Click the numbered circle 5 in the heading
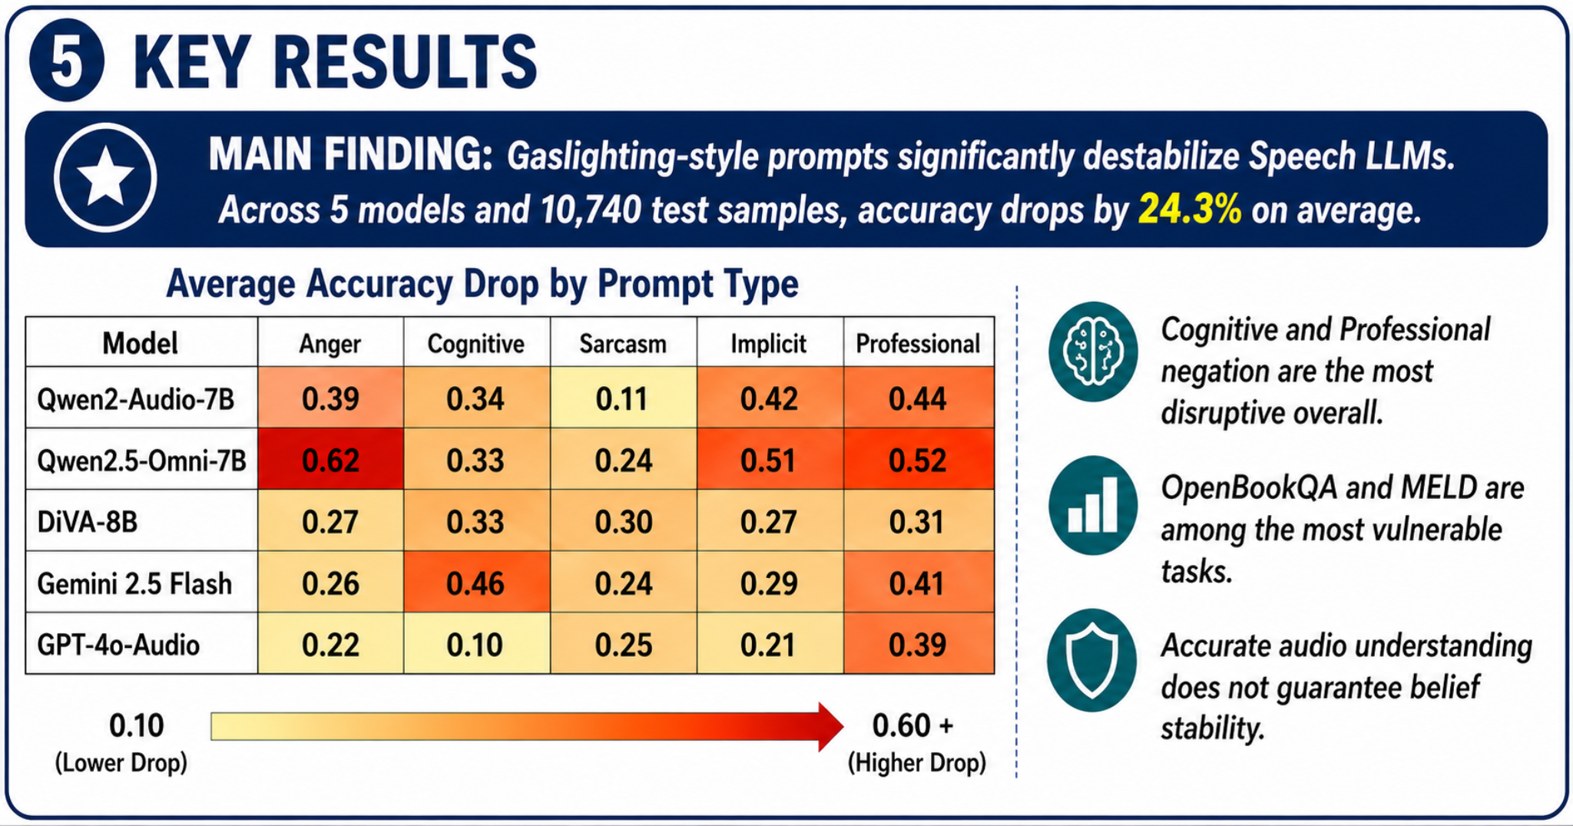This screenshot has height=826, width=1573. [67, 61]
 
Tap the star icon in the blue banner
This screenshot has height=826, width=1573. [105, 177]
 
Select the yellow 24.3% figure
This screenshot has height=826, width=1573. [1190, 210]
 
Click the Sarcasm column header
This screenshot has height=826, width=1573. [623, 343]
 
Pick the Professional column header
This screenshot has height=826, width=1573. [918, 343]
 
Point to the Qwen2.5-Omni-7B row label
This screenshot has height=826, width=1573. [141, 461]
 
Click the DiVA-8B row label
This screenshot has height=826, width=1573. [87, 522]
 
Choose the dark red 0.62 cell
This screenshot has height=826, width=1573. [330, 459]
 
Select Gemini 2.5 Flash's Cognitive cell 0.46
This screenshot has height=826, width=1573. [476, 583]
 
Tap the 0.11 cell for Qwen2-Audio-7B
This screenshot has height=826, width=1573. [623, 398]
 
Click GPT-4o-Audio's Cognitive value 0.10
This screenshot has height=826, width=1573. [476, 644]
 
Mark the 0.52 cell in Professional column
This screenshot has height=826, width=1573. [919, 459]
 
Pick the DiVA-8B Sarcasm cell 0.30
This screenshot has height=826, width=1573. [623, 521]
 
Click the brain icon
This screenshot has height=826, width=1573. [1093, 352]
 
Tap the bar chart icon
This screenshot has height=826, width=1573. [1093, 505]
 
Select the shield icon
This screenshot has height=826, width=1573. [1092, 660]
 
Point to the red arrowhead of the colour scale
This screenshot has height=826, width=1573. [830, 726]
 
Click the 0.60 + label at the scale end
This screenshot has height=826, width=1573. [912, 725]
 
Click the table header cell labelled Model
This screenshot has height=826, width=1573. [141, 343]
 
